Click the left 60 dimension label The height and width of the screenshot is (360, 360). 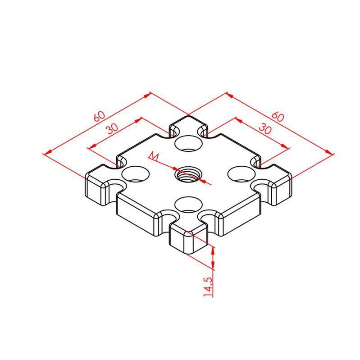pyautogui.click(x=100, y=116)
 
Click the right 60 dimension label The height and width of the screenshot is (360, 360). pyautogui.click(x=278, y=116)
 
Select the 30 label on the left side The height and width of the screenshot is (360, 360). pyautogui.click(x=113, y=128)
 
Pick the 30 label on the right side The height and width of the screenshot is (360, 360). pyautogui.click(x=265, y=129)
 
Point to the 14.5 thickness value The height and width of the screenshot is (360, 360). pyautogui.click(x=208, y=287)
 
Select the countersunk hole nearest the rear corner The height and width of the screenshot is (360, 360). pyautogui.click(x=188, y=143)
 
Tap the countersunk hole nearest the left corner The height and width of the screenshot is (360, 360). pyautogui.click(x=135, y=174)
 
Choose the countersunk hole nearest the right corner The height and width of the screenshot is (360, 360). pyautogui.click(x=242, y=174)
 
